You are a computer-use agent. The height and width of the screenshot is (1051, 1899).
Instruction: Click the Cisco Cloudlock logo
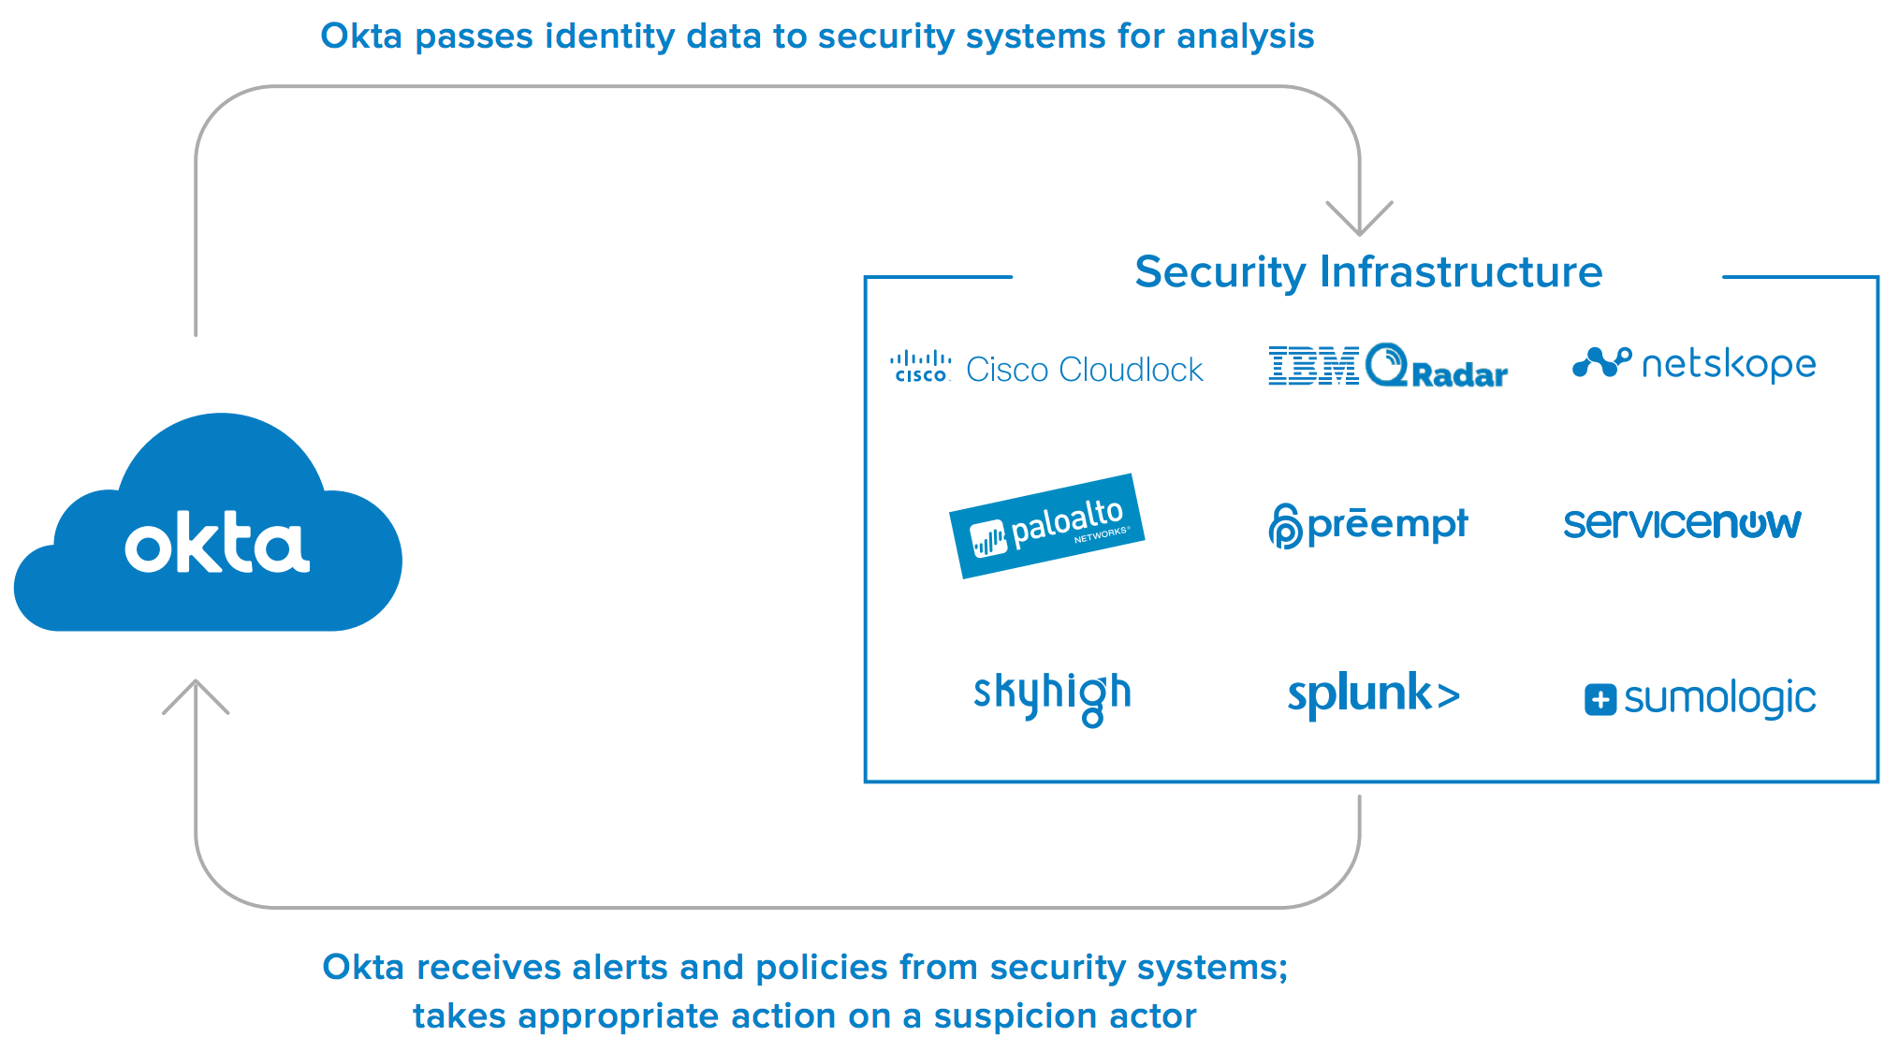(x=1046, y=369)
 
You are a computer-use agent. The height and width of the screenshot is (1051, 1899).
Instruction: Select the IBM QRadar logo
(x=1387, y=366)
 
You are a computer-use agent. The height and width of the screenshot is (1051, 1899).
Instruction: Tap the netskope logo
(x=1694, y=364)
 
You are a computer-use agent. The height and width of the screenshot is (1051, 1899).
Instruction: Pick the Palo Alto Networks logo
(x=1047, y=526)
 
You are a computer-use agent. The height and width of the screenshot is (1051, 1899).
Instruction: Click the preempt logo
(x=1368, y=525)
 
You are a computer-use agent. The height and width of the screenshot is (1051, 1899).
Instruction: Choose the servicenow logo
(x=1682, y=523)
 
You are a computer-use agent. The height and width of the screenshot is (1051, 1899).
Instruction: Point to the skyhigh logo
(x=1052, y=695)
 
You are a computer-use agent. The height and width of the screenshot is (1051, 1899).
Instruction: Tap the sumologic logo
(x=1700, y=698)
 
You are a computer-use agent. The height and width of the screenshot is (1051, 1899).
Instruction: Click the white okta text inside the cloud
(x=217, y=543)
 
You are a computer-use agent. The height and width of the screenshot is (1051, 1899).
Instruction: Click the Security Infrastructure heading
(x=1367, y=272)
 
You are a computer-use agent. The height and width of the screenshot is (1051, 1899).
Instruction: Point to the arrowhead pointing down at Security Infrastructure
(x=1359, y=220)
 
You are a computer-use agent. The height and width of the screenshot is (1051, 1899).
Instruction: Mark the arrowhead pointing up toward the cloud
(x=196, y=695)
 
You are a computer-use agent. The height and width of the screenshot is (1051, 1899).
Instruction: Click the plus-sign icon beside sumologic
(x=1600, y=699)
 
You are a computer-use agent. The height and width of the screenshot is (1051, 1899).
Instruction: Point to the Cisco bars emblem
(x=921, y=366)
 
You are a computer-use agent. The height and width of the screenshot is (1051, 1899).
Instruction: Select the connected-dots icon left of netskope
(x=1601, y=363)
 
